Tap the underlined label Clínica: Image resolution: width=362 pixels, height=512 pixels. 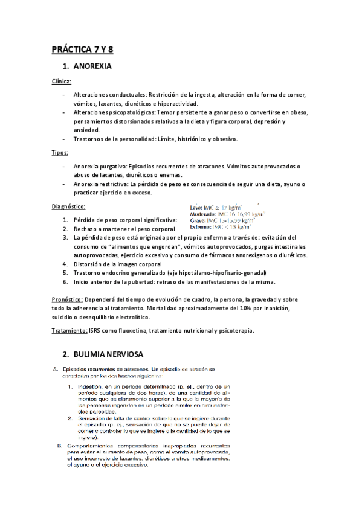click(62, 81)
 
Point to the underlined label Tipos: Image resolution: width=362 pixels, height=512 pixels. click(60, 153)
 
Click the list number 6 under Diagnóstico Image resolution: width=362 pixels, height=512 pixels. click(65, 282)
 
